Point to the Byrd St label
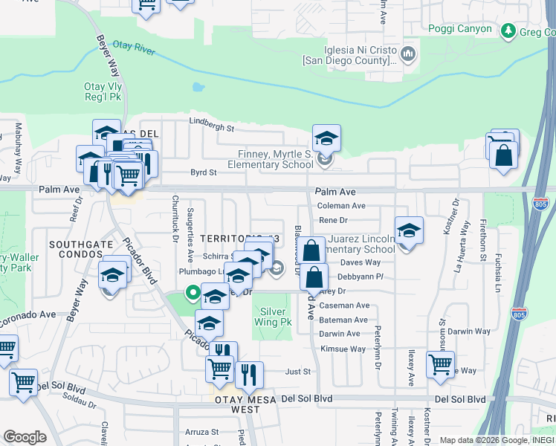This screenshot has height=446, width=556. (x=203, y=172)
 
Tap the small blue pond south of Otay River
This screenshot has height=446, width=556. (x=198, y=87)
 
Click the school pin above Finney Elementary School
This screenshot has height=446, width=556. (x=326, y=138)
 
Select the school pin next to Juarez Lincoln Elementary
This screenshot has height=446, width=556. (x=408, y=231)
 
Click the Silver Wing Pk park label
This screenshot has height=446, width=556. (x=275, y=317)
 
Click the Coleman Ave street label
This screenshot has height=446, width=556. (x=341, y=206)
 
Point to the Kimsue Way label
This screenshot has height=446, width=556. (x=343, y=349)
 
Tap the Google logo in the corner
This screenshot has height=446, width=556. (x=24, y=436)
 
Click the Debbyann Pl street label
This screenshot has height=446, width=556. (x=361, y=276)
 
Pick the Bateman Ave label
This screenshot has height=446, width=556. (x=343, y=320)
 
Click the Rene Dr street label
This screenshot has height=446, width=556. (x=333, y=220)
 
